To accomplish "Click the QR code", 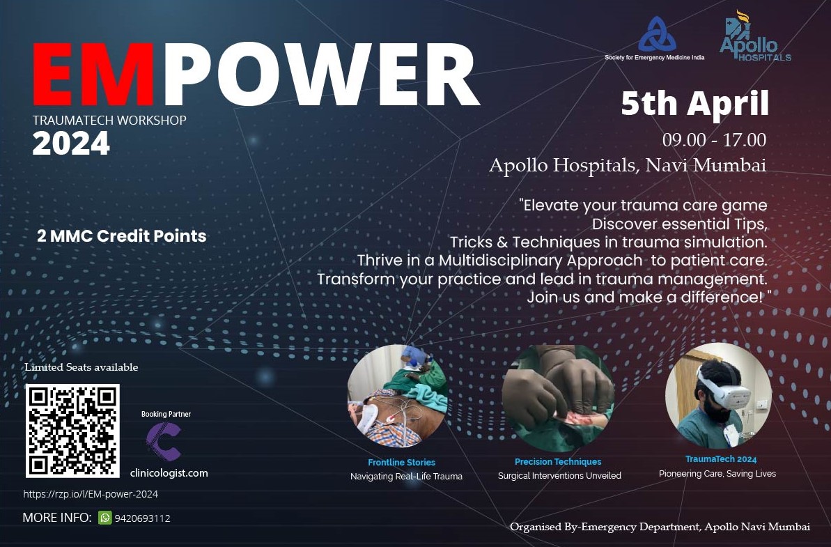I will pos(72,431).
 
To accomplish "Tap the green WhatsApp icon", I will pos(105,518).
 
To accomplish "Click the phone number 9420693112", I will pos(143,518).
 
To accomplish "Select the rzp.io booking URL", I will pos(91,494).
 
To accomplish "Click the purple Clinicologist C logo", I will pos(164,442).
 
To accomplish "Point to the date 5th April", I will pos(695,104).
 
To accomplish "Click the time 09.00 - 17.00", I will pos(714,140).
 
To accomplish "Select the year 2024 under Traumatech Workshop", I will pos(71,144).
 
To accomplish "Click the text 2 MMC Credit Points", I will pos(122,236).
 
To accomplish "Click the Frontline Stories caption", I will pos(402,463).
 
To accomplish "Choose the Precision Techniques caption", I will pos(558,462).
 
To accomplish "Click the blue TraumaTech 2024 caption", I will pos(721,459).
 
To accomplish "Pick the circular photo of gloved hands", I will pos(558,397).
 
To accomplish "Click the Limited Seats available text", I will pos(81,367).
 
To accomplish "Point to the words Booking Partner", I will pos(166,414).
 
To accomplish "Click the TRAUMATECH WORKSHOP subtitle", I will pos(109,121).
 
